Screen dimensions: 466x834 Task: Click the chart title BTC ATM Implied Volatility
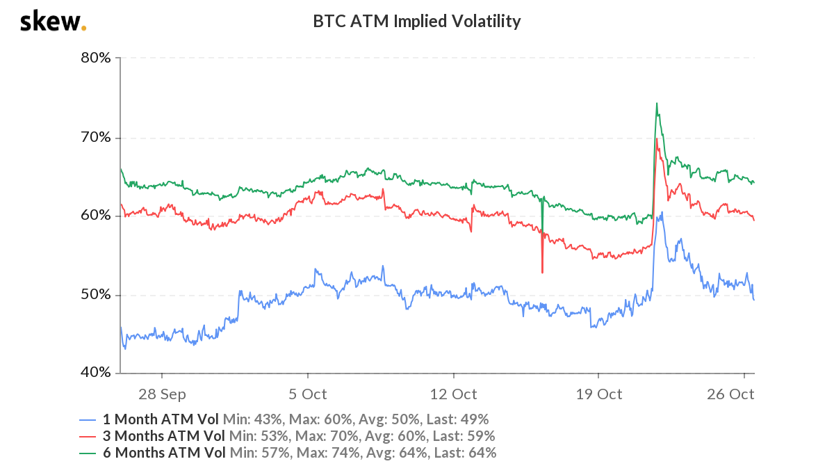(416, 22)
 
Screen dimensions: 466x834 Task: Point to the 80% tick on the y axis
(96, 58)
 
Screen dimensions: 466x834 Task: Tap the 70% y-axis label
(96, 137)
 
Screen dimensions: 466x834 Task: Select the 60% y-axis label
(96, 216)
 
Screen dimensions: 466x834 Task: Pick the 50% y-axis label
(96, 295)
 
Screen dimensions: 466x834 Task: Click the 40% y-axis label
(96, 373)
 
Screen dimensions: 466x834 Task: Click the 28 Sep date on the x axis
(162, 394)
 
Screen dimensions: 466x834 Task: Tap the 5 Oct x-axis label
(308, 394)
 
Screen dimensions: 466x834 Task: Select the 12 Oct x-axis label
(453, 394)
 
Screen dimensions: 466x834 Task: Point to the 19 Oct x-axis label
(599, 394)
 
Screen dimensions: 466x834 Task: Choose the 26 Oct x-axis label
(731, 394)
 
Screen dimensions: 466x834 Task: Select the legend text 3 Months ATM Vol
(164, 437)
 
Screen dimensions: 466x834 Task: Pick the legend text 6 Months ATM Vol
(164, 453)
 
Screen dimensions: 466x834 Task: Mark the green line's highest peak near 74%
(656, 104)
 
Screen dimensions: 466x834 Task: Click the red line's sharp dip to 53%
(542, 272)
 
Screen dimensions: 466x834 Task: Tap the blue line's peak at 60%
(662, 212)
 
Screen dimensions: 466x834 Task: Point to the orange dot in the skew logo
(84, 29)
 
